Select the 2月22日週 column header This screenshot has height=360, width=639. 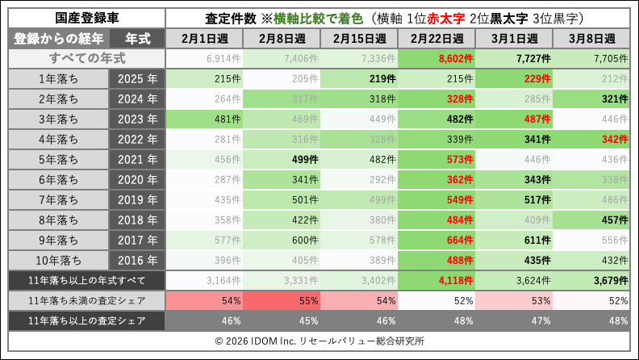(436, 39)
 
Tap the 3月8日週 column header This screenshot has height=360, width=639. (591, 39)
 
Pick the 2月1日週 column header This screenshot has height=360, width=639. (204, 39)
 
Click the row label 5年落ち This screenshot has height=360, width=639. (59, 159)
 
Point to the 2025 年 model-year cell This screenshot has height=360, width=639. (136, 78)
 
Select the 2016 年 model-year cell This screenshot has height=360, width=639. (136, 260)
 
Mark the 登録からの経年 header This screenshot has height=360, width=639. (59, 39)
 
